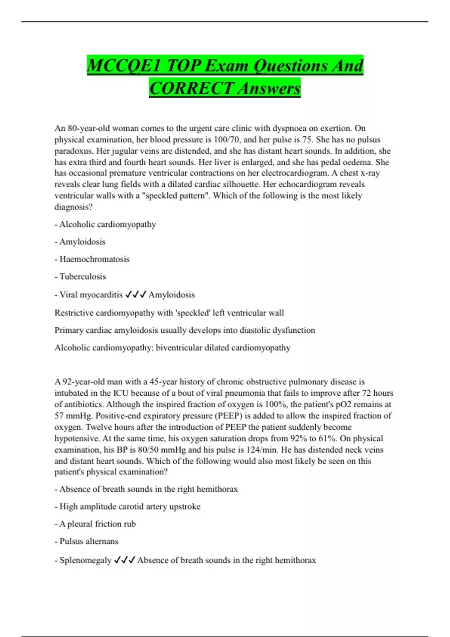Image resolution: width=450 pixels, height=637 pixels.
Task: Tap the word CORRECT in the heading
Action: tap(191, 88)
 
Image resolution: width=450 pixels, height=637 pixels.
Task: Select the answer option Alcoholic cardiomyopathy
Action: tap(107, 224)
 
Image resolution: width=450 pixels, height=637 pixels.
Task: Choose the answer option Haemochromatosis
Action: tap(94, 259)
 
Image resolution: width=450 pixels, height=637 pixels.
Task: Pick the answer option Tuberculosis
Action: tap(82, 277)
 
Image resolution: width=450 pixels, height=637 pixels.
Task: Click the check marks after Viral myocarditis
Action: tap(135, 295)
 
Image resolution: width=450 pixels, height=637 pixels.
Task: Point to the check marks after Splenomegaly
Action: tap(124, 560)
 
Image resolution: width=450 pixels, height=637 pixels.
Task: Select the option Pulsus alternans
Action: tap(88, 541)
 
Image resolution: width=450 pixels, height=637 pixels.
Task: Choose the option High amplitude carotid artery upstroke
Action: tap(130, 507)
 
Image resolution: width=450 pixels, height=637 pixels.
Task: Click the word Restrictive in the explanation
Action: tap(73, 313)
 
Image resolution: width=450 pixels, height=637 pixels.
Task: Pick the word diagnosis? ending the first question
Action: tap(73, 207)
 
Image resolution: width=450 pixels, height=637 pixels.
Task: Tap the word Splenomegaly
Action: tap(85, 560)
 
